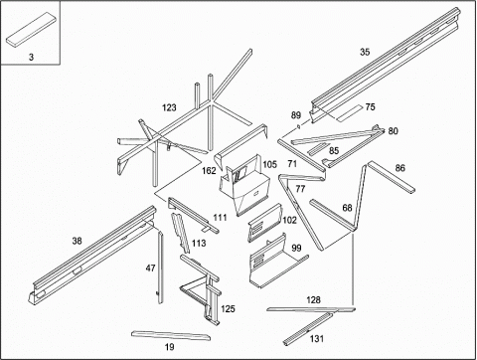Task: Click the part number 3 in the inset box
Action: click(x=31, y=57)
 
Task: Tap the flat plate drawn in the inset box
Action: click(x=31, y=29)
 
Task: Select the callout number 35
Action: click(x=365, y=52)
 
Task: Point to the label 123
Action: click(x=169, y=107)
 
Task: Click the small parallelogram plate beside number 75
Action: click(x=350, y=113)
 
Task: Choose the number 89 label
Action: click(x=296, y=115)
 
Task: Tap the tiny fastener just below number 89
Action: click(x=299, y=126)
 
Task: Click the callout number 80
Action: click(x=393, y=131)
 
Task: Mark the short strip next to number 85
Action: click(x=318, y=149)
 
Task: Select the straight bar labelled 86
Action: click(x=391, y=177)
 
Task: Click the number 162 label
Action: click(x=209, y=171)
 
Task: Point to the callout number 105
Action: click(x=269, y=164)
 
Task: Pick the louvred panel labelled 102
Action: click(x=264, y=223)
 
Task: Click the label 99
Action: click(x=296, y=248)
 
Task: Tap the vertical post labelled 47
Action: click(x=160, y=268)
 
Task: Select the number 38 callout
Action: click(x=77, y=241)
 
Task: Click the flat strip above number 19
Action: click(x=171, y=335)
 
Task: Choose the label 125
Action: click(x=228, y=309)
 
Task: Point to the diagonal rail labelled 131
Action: click(x=308, y=328)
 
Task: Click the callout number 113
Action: click(x=199, y=244)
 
